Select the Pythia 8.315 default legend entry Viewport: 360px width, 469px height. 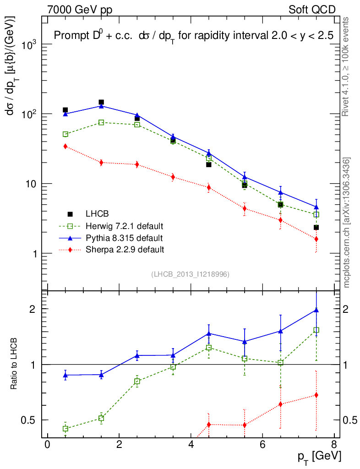124,238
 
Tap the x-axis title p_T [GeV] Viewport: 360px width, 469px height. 320,457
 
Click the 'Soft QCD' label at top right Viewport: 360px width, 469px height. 312,10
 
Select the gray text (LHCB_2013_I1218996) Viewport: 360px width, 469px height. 190,274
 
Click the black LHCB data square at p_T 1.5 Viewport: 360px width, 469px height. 101,102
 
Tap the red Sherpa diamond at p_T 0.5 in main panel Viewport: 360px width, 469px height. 65,146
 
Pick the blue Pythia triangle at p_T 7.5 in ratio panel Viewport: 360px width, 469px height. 316,310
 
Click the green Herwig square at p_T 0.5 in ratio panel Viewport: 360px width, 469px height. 65,429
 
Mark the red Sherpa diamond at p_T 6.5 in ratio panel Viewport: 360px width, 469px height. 280,404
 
